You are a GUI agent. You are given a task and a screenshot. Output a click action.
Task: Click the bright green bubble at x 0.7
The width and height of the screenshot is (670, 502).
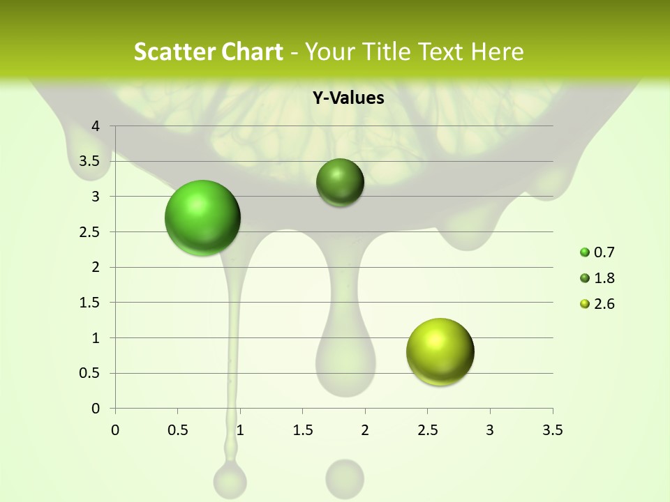[203, 218]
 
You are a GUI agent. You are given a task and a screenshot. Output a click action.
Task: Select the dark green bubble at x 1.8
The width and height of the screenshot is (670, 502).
[341, 182]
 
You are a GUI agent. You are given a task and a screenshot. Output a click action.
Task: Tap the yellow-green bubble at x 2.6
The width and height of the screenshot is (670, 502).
[440, 351]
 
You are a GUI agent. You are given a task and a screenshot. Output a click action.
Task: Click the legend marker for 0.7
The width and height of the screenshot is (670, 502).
[585, 252]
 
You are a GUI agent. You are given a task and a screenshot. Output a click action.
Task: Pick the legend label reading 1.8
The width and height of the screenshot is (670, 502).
[604, 278]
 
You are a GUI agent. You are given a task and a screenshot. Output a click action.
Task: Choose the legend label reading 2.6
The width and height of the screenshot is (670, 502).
[604, 304]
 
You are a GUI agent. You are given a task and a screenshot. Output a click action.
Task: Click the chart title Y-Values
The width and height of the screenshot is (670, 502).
[348, 98]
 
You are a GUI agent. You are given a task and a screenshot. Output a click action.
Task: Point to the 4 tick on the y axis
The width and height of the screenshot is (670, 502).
[96, 126]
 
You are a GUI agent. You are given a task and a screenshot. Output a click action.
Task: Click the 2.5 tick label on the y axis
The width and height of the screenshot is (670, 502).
[90, 231]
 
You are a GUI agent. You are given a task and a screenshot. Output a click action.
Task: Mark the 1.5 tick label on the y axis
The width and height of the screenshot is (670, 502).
[90, 303]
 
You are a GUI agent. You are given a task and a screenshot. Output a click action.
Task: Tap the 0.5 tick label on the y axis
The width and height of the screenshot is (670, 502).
[90, 373]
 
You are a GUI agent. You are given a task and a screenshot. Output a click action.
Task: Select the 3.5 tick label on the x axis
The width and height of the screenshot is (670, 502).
[552, 430]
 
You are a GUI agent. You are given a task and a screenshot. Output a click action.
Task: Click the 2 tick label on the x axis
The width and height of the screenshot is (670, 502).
[365, 430]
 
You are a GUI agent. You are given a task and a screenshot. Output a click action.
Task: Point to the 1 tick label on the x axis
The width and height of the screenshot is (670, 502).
[240, 430]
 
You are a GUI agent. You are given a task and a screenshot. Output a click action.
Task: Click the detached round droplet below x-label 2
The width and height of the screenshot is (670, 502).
[345, 478]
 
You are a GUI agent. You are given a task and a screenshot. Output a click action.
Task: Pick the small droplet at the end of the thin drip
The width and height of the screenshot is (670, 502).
[230, 481]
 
